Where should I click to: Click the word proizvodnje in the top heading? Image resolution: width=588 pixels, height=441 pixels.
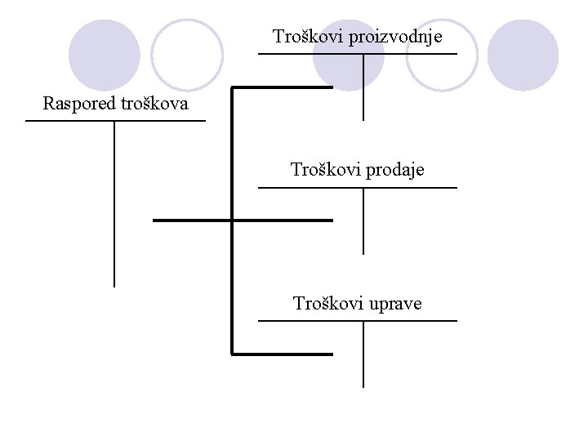[395, 37]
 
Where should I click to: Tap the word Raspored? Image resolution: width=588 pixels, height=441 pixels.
[79, 104]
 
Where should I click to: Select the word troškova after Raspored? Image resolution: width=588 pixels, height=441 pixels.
[154, 104]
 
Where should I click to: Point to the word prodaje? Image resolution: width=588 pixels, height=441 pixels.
[391, 170]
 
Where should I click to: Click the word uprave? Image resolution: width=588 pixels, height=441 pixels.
[395, 304]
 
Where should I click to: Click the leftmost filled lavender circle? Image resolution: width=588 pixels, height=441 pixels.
[103, 55]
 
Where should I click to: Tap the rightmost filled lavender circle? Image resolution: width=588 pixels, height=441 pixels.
[523, 55]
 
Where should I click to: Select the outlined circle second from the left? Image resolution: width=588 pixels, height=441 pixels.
[187, 55]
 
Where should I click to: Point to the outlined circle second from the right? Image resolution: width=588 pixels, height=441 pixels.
[441, 55]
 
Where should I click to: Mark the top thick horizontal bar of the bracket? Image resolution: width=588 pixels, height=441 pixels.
[283, 86]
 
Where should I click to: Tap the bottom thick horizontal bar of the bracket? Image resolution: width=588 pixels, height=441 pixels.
[283, 354]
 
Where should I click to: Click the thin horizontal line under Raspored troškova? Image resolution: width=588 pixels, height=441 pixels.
[115, 121]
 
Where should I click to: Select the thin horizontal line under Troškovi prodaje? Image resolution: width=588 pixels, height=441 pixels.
[358, 188]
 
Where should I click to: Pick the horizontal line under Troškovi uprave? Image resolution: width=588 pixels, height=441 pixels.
[358, 321]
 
